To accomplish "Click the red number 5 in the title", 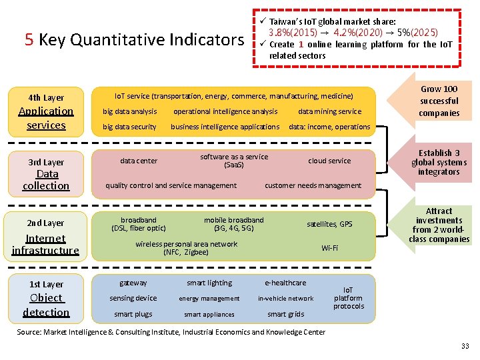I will click(x=29, y=40).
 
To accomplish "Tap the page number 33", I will click(x=465, y=345).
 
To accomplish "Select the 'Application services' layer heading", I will click(x=46, y=118).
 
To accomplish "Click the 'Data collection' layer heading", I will click(x=46, y=179).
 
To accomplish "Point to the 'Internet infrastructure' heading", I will click(x=45, y=244).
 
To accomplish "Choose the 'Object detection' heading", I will click(x=46, y=305).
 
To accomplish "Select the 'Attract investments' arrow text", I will click(x=439, y=225).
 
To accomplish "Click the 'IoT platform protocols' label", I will click(x=349, y=298).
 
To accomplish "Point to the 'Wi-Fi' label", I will click(x=329, y=248).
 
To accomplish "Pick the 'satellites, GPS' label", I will click(x=329, y=224).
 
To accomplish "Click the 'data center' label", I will click(x=139, y=161).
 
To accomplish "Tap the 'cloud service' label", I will click(x=329, y=161).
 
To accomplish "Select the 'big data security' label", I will click(x=129, y=127).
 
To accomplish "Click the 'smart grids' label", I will click(x=285, y=314).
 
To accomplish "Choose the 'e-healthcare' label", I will click(x=285, y=283).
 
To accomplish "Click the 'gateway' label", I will click(x=133, y=283).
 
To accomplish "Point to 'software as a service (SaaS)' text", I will click(x=234, y=161).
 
